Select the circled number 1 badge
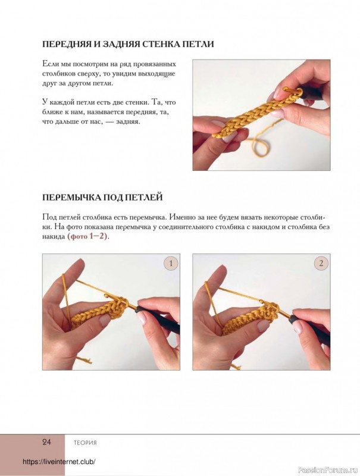coord(171,263)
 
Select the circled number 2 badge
coord(321,263)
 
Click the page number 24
coord(46,442)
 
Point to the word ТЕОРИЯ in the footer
coord(85,443)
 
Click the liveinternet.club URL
coord(59,462)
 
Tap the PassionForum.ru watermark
coord(328,470)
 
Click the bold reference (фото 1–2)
coord(87,236)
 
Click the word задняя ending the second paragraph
coord(129,122)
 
